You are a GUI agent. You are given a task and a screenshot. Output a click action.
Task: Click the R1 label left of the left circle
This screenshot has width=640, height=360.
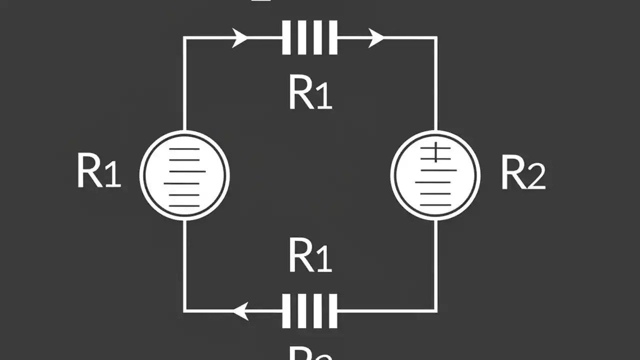pos(99,171)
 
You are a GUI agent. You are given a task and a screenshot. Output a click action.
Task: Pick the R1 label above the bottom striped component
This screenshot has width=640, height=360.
pos(310,255)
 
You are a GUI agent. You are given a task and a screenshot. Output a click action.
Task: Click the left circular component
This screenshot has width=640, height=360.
pos(184,175)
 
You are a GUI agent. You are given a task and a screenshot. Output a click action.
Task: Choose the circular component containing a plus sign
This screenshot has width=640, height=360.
pos(435,175)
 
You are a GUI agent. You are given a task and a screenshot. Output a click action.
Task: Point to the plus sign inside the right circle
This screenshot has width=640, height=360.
pos(435,152)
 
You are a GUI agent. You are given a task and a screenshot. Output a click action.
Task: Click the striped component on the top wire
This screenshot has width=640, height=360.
pos(309,37)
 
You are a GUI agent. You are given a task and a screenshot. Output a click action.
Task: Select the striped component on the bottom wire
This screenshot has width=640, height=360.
pos(309,310)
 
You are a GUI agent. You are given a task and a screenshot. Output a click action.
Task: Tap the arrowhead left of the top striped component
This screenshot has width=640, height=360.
pos(240,37)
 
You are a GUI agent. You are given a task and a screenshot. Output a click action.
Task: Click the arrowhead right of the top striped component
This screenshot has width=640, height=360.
pos(376,37)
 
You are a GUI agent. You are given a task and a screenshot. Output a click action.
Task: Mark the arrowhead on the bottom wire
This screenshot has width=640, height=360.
pos(240,310)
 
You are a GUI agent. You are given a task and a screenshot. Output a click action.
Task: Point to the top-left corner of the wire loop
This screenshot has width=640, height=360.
pos(184,37)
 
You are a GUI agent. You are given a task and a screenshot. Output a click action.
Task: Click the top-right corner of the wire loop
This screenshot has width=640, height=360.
pos(436,37)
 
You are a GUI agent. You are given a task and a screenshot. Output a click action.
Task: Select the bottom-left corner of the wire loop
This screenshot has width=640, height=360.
pos(185,310)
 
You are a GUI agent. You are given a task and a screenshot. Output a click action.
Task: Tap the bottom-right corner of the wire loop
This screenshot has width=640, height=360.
pos(436,310)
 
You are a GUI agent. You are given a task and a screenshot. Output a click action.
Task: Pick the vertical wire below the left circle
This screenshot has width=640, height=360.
pos(185,265)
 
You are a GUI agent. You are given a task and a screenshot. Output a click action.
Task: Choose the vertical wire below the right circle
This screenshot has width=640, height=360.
pos(436,265)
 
